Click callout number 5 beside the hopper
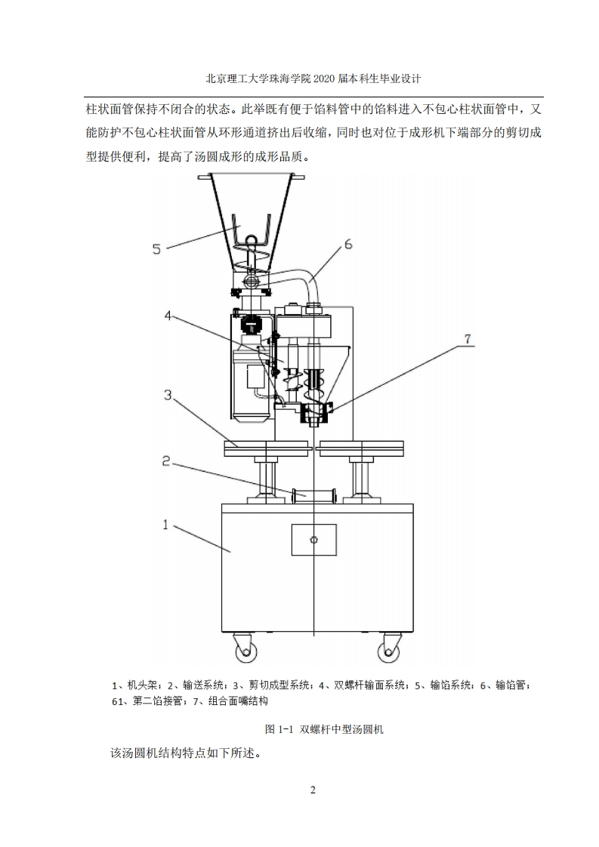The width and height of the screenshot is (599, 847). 157,249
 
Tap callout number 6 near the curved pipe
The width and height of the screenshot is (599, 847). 347,244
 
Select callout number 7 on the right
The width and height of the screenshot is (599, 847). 468,339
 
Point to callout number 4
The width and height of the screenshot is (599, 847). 168,315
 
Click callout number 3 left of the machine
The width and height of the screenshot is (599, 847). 168,395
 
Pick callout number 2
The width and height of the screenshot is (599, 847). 166,460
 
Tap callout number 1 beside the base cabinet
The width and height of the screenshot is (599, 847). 166,524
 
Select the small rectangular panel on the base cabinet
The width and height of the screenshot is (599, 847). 313,539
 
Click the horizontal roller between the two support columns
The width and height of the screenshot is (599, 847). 313,494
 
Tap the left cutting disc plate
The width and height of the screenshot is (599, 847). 265,447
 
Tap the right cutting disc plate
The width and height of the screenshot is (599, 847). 361,447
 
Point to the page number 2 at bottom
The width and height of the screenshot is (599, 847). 313,790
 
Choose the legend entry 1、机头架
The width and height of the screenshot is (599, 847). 134,685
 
